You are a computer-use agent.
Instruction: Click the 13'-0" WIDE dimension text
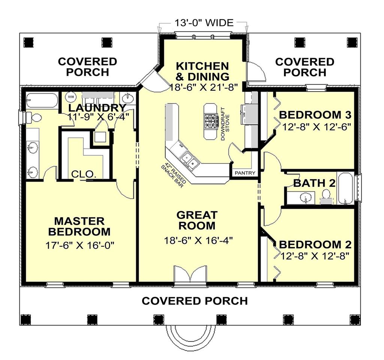[x=204, y=23]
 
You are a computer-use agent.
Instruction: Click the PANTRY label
[x=245, y=173]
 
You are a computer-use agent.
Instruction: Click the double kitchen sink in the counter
[x=190, y=160]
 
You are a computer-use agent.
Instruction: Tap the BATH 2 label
[x=314, y=183]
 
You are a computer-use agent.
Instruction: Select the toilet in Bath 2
[x=326, y=196]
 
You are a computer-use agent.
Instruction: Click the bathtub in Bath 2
[x=345, y=188]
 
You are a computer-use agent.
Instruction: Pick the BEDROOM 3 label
[x=315, y=114]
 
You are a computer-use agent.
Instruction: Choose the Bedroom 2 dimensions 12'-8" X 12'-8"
[x=315, y=256]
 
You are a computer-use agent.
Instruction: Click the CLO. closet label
[x=84, y=174]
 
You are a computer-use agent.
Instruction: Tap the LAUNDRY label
[x=97, y=107]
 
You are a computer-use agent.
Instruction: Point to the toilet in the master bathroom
[x=35, y=118]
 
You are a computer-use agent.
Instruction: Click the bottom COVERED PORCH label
[x=195, y=301]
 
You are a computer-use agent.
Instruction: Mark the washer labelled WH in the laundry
[x=70, y=97]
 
